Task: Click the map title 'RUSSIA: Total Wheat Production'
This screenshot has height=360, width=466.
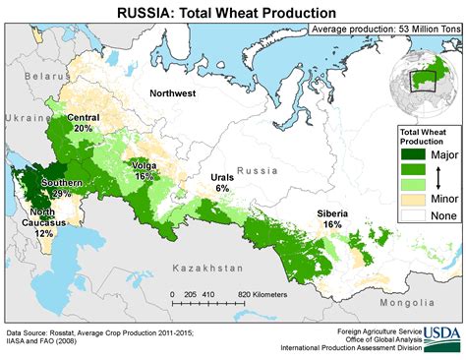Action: pyautogui.click(x=232, y=12)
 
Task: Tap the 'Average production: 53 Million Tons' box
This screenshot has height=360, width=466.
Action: pyautogui.click(x=384, y=30)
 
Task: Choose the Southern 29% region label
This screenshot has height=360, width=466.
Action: pyautogui.click(x=61, y=189)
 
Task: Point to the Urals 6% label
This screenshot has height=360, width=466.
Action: pyautogui.click(x=222, y=183)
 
